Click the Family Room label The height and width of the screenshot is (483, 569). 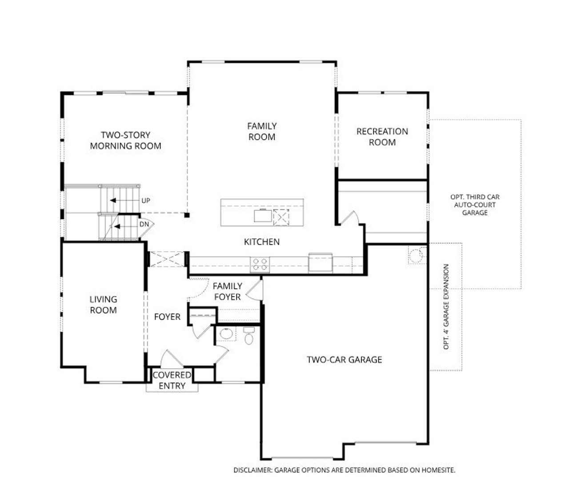click(262, 132)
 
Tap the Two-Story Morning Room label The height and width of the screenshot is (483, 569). click(125, 141)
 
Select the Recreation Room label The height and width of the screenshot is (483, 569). click(382, 137)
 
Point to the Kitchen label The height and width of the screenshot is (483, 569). click(262, 242)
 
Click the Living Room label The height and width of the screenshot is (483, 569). click(103, 305)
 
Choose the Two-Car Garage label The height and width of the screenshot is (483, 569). click(344, 359)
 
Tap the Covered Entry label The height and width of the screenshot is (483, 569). click(172, 380)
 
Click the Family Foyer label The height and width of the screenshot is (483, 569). click(227, 291)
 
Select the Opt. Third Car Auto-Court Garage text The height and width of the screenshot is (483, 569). click(475, 205)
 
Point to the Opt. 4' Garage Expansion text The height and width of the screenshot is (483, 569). click(446, 306)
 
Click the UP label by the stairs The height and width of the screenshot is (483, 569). click(145, 201)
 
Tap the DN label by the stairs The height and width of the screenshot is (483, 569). click(144, 225)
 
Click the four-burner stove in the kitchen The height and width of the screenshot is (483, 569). click(260, 265)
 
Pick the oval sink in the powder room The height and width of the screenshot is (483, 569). click(227, 334)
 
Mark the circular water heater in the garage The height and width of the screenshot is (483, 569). click(416, 256)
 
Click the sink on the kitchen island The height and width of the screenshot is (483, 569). click(262, 216)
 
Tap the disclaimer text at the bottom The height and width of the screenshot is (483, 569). click(344, 470)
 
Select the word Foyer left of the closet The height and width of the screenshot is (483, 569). click(167, 317)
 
